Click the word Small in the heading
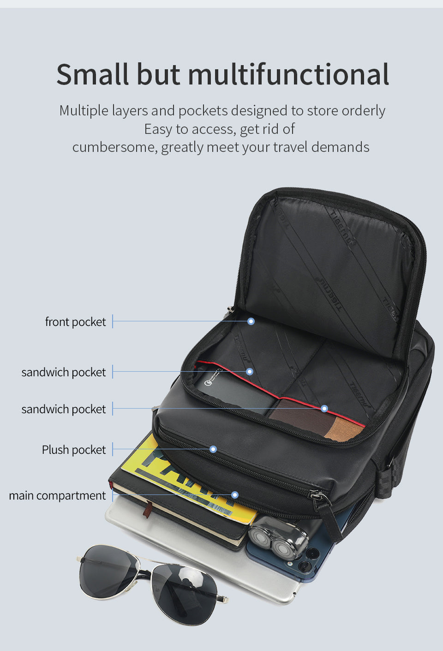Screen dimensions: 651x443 [92, 75]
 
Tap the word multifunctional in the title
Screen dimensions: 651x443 [288, 75]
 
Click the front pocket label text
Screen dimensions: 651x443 [75, 322]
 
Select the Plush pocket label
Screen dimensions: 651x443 [74, 450]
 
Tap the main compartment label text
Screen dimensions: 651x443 [57, 495]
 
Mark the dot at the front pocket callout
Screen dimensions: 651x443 [251, 321]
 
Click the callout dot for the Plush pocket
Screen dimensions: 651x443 [213, 449]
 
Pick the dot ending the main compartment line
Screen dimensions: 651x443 [235, 495]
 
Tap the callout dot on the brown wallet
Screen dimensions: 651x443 [324, 409]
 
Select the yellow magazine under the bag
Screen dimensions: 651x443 [152, 466]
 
